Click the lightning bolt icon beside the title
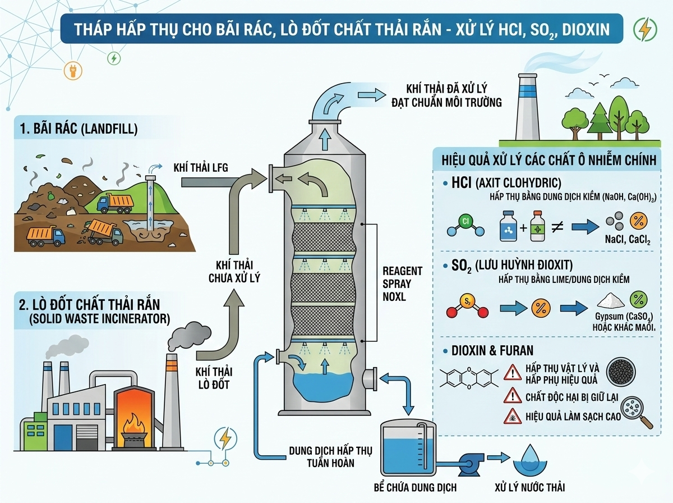(643, 29)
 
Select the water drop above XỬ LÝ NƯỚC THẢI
(529, 457)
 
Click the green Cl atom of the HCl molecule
(465, 221)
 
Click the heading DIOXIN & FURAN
(492, 351)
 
